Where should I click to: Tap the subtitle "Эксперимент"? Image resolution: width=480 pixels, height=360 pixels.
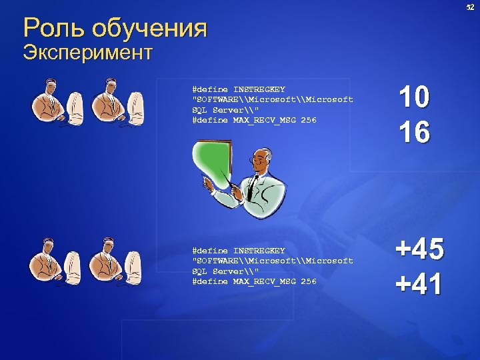click(x=87, y=52)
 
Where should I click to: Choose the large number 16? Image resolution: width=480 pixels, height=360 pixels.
click(x=413, y=132)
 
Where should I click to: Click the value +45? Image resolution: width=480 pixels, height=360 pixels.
click(x=419, y=251)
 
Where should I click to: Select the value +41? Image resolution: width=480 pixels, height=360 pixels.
click(x=419, y=285)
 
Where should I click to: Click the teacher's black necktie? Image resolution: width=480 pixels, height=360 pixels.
click(x=253, y=186)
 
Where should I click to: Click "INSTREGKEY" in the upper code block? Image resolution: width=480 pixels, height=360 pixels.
click(x=259, y=89)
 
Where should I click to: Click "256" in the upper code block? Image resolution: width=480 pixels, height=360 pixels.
click(x=309, y=120)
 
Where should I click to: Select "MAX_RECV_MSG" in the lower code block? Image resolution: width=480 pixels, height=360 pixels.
click(x=264, y=281)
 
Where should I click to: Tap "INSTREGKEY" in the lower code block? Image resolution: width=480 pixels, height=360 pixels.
click(x=259, y=251)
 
